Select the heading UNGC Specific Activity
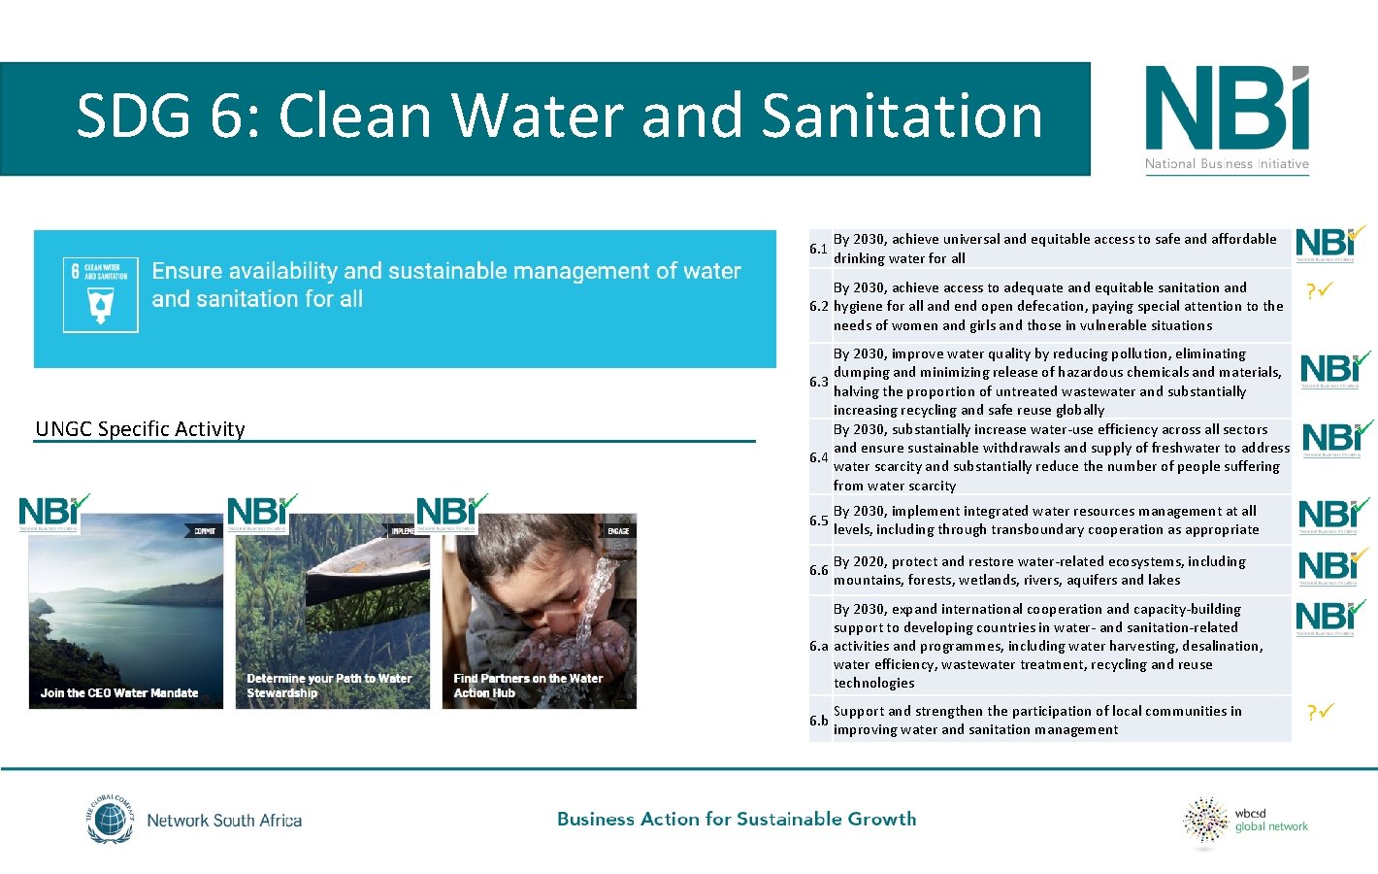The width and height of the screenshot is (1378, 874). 141,429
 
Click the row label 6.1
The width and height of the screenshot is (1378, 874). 818,250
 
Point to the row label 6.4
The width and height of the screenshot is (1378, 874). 818,457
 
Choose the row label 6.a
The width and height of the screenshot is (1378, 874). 819,646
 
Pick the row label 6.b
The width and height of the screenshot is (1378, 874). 819,721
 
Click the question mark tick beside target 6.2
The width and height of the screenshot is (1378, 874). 1320,290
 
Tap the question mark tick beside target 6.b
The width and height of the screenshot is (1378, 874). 1320,713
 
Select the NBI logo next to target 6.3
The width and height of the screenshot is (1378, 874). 1334,370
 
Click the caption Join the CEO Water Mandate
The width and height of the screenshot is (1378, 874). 119,693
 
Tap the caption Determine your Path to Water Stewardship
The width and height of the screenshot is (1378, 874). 329,686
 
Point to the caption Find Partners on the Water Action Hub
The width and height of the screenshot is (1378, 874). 528,686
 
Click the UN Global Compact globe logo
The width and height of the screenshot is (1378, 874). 110,820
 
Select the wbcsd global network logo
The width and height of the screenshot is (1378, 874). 1246,822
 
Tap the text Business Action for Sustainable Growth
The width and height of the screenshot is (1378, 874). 737,820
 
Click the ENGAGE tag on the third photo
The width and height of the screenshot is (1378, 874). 618,531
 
